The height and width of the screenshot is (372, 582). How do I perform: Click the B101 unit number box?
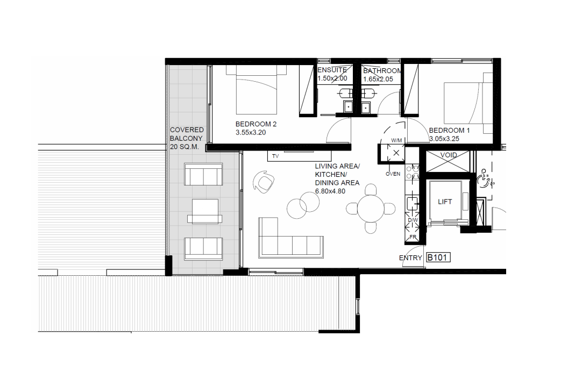tap(438, 257)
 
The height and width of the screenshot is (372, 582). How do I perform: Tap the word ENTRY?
tap(410, 258)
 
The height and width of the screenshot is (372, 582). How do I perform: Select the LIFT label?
tap(445, 202)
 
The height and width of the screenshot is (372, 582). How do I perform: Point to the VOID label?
tap(449, 155)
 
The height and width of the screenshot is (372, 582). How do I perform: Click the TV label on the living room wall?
tap(275, 156)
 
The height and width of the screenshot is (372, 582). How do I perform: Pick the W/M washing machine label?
tap(396, 140)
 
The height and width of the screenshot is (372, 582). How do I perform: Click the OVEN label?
tap(393, 174)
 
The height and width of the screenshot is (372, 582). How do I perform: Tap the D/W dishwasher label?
tap(413, 220)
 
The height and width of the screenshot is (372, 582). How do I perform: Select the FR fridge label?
tap(413, 237)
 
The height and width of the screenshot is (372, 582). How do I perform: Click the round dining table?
tap(371, 209)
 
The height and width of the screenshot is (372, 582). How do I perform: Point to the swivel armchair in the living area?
tap(264, 182)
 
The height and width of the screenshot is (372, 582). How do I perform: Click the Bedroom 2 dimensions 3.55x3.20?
tap(251, 132)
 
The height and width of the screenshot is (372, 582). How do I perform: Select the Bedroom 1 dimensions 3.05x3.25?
tap(444, 139)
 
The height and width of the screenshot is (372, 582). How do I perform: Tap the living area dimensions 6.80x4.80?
tap(330, 191)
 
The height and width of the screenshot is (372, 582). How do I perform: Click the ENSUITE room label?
tap(332, 70)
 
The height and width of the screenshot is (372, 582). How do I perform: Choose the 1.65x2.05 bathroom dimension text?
tap(378, 79)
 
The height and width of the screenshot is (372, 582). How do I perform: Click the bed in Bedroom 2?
tap(256, 90)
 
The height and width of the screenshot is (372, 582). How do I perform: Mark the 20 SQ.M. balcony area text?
tap(184, 147)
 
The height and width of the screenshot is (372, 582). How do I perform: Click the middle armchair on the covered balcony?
tap(204, 211)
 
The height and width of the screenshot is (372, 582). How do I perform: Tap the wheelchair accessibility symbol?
tap(486, 178)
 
